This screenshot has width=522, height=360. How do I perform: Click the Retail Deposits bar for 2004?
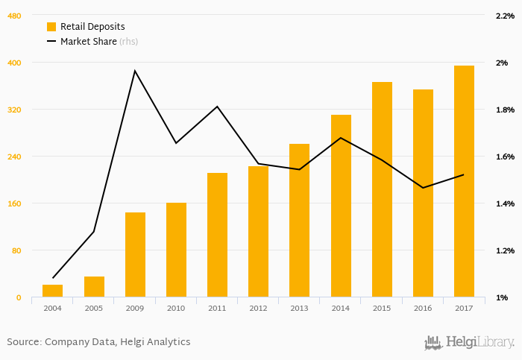[52, 291]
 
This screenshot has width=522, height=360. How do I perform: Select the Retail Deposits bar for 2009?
[135, 255]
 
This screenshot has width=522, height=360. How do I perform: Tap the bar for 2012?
[258, 232]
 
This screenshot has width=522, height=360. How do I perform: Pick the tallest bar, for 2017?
[464, 182]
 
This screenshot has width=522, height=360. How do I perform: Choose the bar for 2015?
[382, 190]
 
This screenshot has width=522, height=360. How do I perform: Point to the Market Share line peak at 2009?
[135, 71]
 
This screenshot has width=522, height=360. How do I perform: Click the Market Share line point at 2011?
[217, 107]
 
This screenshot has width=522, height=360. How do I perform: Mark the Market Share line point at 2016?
[423, 188]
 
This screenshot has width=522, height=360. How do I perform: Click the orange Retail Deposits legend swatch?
[51, 27]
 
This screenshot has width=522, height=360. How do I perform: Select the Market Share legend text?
[88, 42]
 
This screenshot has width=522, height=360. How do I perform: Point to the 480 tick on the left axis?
[14, 16]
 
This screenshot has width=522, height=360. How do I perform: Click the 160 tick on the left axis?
[14, 203]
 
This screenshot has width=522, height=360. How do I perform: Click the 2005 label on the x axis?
[94, 308]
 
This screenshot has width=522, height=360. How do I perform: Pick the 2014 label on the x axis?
[341, 308]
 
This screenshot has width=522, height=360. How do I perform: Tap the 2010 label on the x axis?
[176, 308]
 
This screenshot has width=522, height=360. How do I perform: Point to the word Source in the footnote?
[23, 342]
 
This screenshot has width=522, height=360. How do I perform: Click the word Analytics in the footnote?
[169, 342]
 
